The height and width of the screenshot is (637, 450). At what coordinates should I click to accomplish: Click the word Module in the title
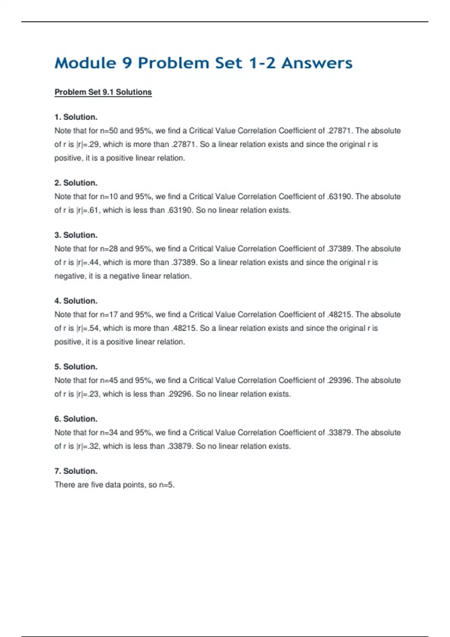tap(85, 63)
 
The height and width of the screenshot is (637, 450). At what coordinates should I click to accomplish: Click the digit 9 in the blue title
tap(127, 63)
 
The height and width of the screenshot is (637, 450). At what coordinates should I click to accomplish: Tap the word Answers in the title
tap(317, 63)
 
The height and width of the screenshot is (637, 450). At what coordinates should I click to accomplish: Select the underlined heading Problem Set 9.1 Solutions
tap(103, 92)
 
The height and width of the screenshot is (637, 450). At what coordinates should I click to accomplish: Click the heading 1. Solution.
tap(76, 117)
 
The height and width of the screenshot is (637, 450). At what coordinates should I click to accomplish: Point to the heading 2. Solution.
tap(76, 183)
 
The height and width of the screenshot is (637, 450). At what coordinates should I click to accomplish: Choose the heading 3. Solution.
tap(76, 235)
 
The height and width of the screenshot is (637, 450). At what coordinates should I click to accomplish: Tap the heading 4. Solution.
tap(76, 301)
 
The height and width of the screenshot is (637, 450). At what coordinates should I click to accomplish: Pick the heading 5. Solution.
tap(76, 367)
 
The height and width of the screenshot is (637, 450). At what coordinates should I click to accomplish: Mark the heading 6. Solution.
tap(76, 419)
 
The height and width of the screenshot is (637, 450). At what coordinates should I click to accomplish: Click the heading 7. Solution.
tap(76, 471)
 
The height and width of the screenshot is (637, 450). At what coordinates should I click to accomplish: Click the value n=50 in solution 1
tap(109, 131)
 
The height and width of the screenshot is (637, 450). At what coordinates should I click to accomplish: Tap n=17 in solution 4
tap(109, 315)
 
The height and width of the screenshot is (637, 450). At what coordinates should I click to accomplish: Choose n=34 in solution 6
tap(109, 433)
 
